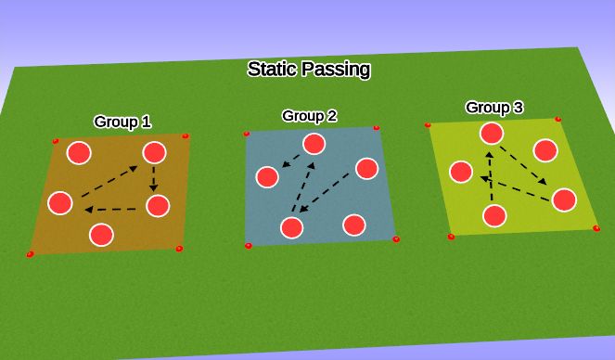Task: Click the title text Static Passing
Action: (x=309, y=69)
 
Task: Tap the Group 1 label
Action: (x=122, y=122)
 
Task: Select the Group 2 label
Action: (x=309, y=116)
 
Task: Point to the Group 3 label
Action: (x=493, y=108)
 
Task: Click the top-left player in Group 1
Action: (x=81, y=153)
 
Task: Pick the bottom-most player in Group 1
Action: (x=101, y=234)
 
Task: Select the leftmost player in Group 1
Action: (x=60, y=201)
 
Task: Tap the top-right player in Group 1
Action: (x=154, y=153)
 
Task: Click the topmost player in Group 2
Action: (x=314, y=143)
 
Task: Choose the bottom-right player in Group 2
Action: (x=352, y=225)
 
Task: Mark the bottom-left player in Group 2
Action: (x=292, y=227)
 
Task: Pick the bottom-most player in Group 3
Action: (x=494, y=216)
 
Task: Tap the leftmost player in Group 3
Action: (x=460, y=172)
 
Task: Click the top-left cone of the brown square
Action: (x=56, y=142)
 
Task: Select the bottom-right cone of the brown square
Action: (x=179, y=249)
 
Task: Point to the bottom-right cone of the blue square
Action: (x=396, y=239)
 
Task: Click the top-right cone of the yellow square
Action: (x=557, y=120)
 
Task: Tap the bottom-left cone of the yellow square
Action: (x=451, y=238)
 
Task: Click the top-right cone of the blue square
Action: (x=376, y=128)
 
